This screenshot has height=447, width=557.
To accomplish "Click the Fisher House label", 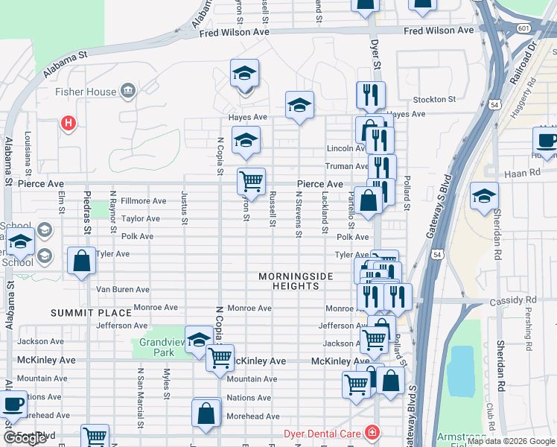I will (86, 92).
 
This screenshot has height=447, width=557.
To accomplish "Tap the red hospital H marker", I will (69, 123).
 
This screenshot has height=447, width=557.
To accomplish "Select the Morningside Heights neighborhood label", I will (296, 282).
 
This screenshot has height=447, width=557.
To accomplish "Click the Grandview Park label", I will (162, 347).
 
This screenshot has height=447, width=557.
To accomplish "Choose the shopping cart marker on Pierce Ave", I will (252, 181).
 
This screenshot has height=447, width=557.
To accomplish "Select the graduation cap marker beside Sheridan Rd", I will (484, 197).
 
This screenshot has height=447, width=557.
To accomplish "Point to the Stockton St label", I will (434, 99).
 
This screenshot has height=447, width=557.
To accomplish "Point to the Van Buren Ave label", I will (123, 290).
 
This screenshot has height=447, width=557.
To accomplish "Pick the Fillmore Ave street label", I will (144, 201).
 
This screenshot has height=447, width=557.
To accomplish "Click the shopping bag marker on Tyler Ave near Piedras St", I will (82, 261).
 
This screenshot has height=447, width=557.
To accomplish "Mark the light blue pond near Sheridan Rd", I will (462, 370).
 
